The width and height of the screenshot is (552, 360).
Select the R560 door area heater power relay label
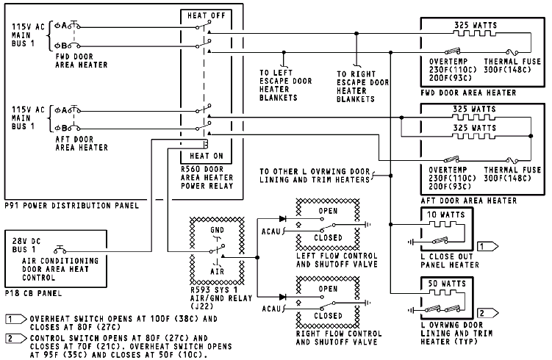click(207, 177)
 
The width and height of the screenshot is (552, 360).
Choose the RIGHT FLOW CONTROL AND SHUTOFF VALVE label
click(328, 337)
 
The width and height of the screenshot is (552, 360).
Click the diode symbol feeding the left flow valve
click(283, 219)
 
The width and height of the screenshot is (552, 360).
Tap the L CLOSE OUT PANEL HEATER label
click(451, 257)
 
